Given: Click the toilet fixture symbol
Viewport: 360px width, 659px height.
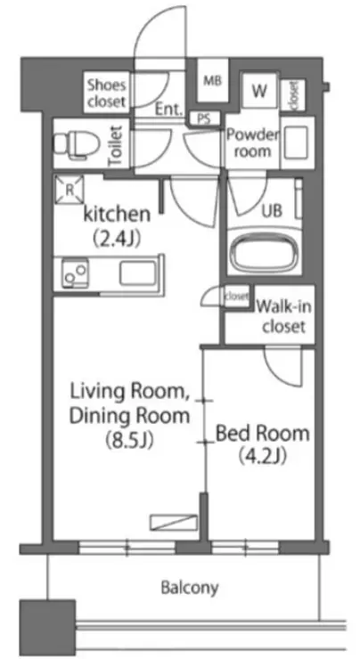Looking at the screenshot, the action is (77, 144).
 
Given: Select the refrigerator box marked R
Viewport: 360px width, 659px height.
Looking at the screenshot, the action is (69, 190).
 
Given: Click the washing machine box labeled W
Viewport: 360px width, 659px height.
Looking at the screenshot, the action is (259, 91).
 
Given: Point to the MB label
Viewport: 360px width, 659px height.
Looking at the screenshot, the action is (213, 80).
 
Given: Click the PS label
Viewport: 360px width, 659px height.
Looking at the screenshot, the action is (204, 119).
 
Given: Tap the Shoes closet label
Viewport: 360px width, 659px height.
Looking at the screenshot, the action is (106, 93).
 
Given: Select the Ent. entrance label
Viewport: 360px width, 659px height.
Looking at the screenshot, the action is (169, 110).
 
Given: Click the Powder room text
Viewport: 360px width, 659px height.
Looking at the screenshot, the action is (252, 142).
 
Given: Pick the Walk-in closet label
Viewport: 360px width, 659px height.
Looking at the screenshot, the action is (284, 315).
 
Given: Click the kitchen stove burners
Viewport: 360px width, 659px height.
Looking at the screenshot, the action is (75, 273).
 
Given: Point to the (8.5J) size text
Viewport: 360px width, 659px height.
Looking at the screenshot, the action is (128, 441).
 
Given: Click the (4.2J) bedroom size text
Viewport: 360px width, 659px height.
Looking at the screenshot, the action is (263, 456).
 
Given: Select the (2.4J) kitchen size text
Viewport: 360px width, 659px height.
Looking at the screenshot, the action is (116, 239).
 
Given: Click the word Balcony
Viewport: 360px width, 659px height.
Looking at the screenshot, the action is (190, 588).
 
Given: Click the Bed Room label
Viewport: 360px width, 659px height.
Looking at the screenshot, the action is (263, 434).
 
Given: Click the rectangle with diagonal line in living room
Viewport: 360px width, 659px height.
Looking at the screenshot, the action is (174, 522).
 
